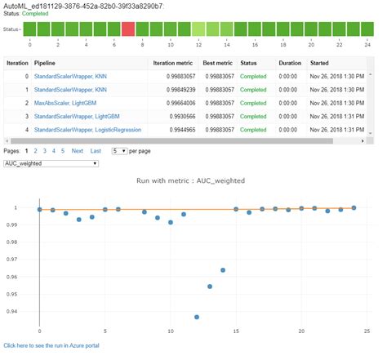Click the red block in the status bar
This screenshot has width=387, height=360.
[x=127, y=29]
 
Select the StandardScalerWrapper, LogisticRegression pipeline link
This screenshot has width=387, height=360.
[x=87, y=130]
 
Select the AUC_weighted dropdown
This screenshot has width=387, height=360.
[x=51, y=162]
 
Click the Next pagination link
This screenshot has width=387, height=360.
[x=77, y=151]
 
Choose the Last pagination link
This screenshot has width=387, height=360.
[x=96, y=151]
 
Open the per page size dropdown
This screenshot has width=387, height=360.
[x=119, y=151]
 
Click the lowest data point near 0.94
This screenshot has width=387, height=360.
[x=197, y=317]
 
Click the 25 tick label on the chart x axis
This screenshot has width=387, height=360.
[x=367, y=331]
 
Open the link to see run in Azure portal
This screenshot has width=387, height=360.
[x=51, y=346]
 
